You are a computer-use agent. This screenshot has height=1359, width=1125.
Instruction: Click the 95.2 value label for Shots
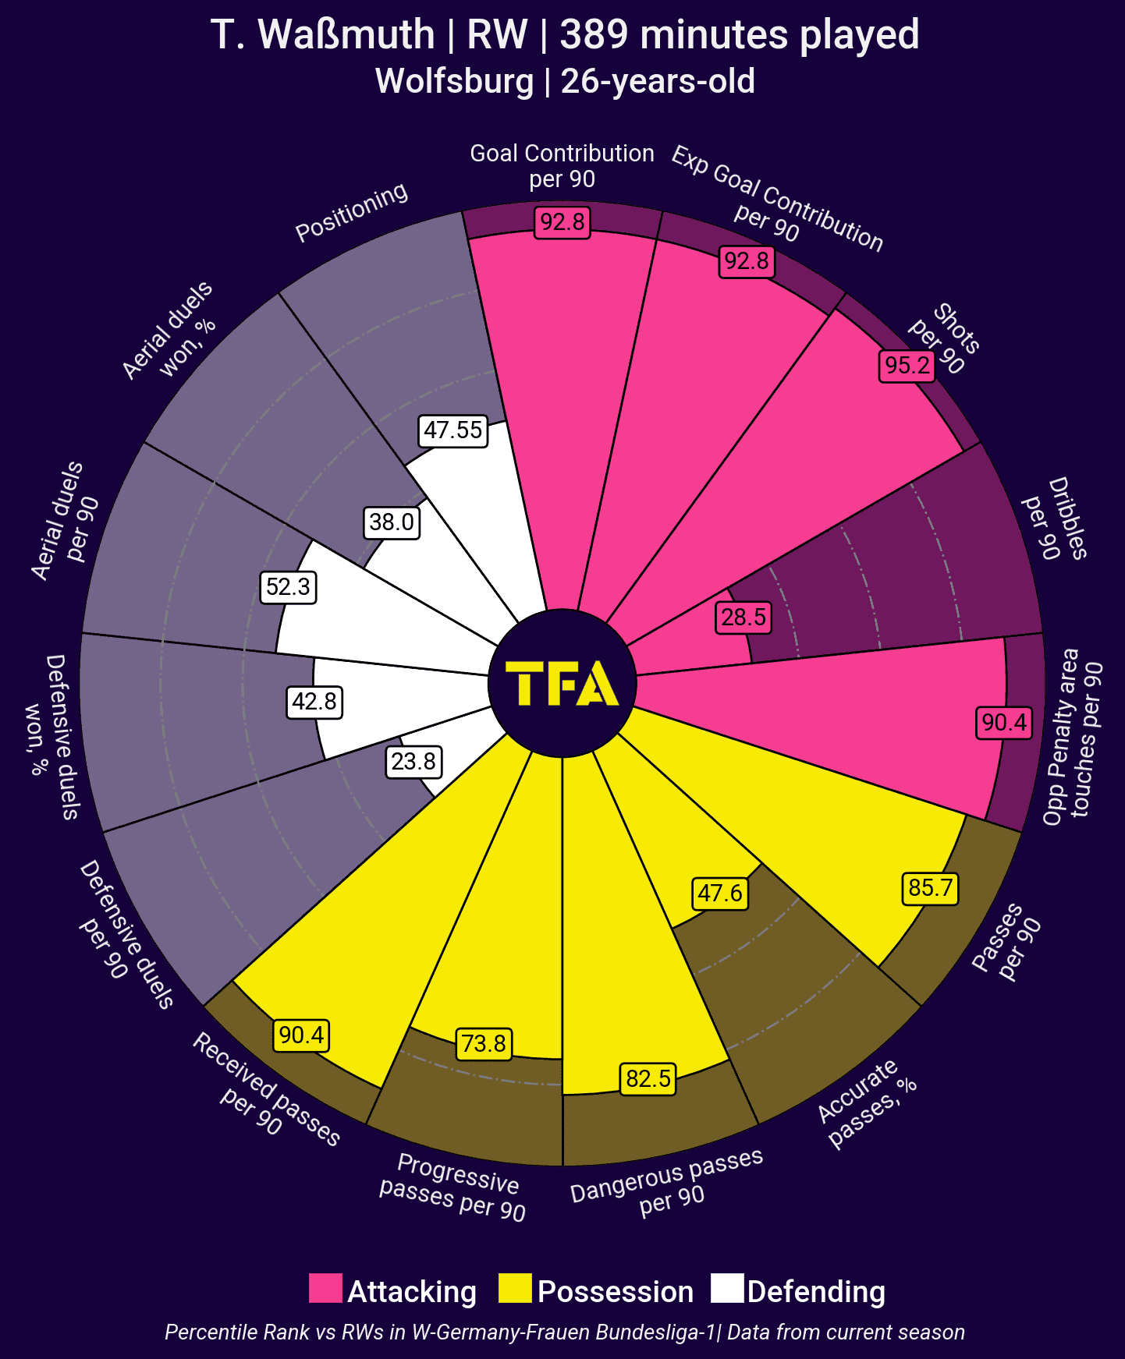(907, 365)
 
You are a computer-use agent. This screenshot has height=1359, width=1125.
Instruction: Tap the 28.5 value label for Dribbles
(743, 618)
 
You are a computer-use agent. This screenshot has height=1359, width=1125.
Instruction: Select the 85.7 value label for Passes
(930, 888)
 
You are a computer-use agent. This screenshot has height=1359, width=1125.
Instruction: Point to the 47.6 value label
(719, 893)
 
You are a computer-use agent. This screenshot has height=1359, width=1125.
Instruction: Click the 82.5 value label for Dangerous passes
(648, 1078)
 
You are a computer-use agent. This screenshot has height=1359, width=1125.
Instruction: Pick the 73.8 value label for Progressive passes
(484, 1043)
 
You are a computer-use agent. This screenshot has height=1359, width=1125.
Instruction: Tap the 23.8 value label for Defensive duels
(413, 761)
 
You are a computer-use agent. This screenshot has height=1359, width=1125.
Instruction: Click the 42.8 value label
(314, 701)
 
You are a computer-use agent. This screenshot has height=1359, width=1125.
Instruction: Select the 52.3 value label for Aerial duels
(288, 586)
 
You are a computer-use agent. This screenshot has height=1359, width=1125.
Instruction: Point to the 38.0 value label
(392, 522)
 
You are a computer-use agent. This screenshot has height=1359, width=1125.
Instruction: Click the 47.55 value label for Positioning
(453, 430)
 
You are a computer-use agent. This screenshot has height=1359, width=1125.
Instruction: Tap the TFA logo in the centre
(562, 683)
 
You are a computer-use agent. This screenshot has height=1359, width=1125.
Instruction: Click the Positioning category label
(351, 211)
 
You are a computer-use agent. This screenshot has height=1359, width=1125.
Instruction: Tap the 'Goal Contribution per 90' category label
(562, 165)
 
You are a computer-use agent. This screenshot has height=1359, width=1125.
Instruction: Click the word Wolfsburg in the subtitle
(454, 81)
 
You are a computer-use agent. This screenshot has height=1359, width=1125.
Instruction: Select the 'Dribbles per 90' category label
(1055, 518)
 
